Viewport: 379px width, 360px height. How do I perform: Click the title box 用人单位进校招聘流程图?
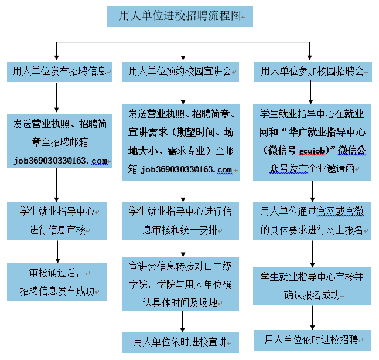tap(180, 16)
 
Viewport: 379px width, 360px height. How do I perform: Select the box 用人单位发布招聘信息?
tap(59, 72)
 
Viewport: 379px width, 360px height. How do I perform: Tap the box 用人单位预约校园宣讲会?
tap(180, 72)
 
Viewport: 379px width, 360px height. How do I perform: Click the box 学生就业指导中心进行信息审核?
tap(57, 220)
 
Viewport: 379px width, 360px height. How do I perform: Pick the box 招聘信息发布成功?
tap(57, 282)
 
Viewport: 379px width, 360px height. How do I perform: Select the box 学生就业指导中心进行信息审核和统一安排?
tap(180, 220)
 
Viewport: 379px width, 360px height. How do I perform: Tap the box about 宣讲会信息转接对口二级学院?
tap(180, 284)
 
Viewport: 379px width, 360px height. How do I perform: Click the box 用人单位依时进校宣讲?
tap(180, 342)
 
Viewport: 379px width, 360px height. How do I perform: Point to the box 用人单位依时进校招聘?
tap(312, 339)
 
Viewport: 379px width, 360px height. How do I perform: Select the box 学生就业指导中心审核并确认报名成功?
tap(312, 286)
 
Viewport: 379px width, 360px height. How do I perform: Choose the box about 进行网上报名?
tap(312, 220)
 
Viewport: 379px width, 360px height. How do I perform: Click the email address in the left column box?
tap(60, 161)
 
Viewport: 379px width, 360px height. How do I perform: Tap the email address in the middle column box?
tap(186, 169)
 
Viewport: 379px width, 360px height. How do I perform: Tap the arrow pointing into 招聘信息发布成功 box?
tap(57, 253)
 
